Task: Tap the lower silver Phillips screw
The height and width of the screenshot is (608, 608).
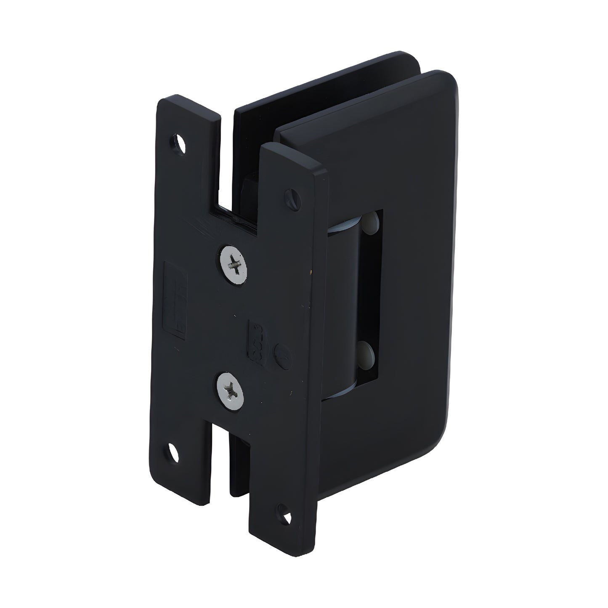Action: coord(230,385)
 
